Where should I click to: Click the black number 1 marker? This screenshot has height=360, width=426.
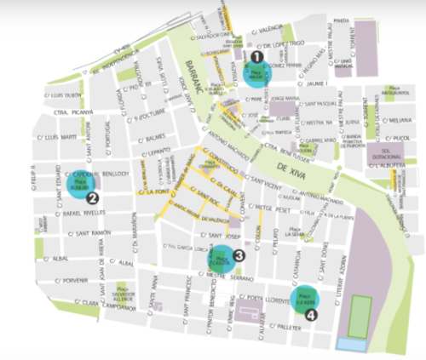[256, 56]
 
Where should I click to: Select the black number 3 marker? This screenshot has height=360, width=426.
[239, 254]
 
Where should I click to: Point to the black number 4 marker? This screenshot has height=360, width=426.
[310, 313]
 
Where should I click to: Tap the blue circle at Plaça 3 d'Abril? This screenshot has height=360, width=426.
[304, 298]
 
